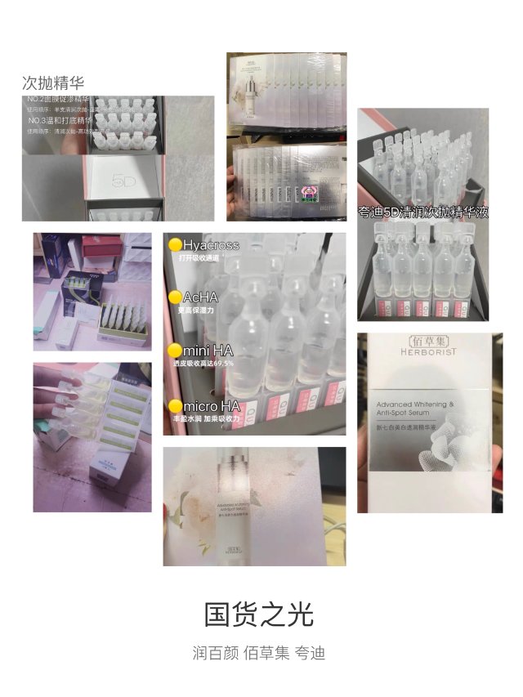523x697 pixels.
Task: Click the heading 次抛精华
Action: coord(53,83)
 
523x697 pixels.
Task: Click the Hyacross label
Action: coord(211,244)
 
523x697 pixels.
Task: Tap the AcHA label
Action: coord(200,297)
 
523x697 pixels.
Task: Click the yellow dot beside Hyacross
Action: coord(174,244)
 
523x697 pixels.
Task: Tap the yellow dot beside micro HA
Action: coord(174,405)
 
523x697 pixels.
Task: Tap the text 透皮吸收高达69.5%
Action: coord(202,363)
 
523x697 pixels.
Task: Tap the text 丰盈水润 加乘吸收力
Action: coord(205,418)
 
